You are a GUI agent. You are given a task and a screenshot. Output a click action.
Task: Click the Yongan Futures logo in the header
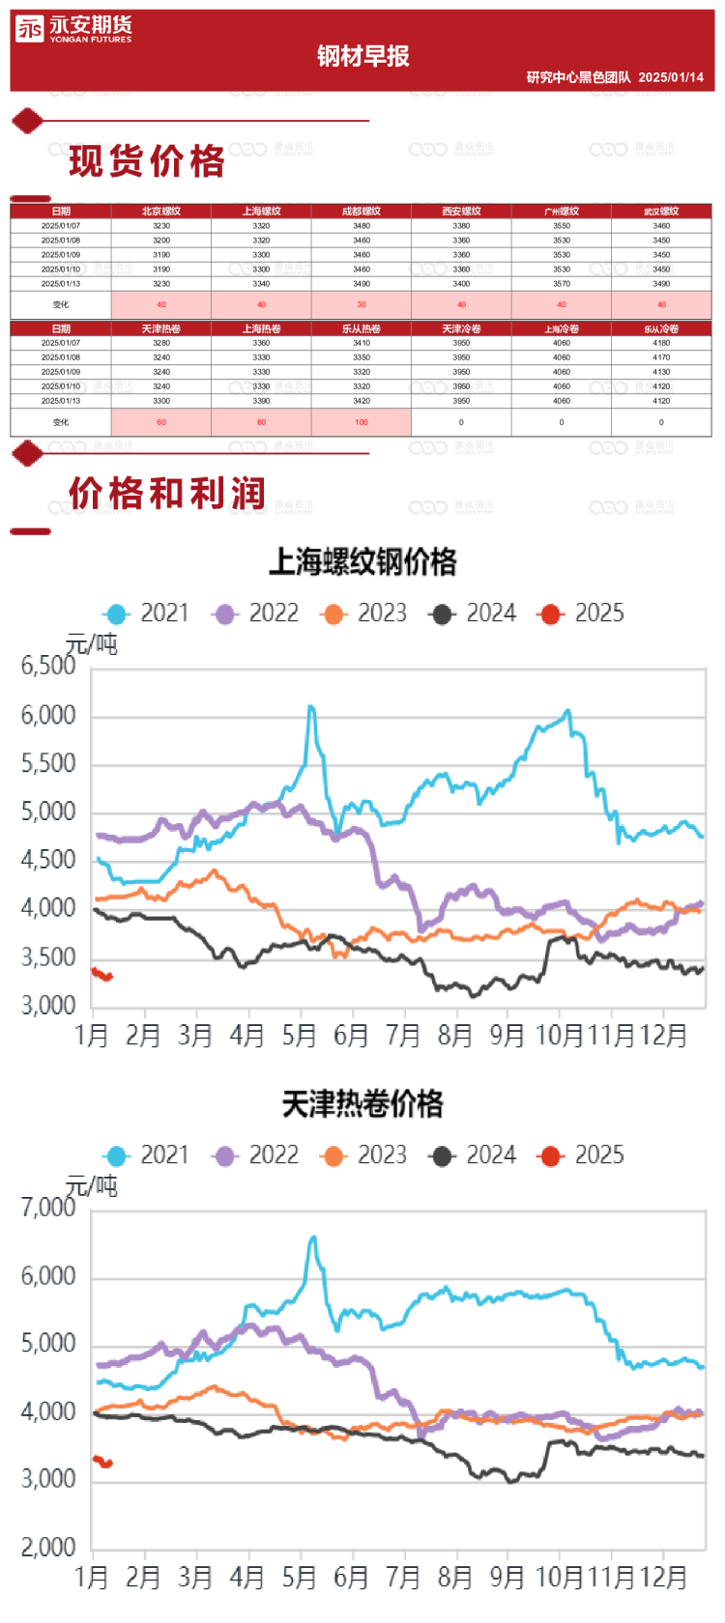tap(73, 30)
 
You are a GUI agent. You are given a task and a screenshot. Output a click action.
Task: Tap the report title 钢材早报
tap(362, 56)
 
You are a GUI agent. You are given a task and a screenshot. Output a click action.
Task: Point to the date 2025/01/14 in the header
tap(671, 77)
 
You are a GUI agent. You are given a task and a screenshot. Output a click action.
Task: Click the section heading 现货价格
tap(147, 161)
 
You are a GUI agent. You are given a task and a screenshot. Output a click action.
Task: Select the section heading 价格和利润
tap(166, 493)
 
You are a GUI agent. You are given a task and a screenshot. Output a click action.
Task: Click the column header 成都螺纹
tap(362, 211)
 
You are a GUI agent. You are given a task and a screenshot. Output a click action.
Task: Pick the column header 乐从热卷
tap(362, 328)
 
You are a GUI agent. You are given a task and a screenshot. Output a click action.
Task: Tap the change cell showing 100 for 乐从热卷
tap(362, 422)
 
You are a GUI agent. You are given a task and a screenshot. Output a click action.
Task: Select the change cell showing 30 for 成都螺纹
tap(362, 304)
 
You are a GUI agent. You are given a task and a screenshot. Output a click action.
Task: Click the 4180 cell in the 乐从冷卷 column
tap(661, 343)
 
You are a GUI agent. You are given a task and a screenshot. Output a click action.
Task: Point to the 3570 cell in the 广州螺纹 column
tap(562, 284)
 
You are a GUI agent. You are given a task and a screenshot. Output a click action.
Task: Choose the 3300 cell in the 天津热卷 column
tap(161, 401)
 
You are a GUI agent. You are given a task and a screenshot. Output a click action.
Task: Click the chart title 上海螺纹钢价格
tap(362, 562)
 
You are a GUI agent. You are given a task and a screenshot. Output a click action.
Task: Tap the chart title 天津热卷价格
tap(362, 1104)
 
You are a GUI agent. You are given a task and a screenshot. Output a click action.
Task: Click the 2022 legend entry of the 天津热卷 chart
tap(257, 1155)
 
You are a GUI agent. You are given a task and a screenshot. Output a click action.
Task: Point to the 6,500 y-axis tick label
tap(48, 666)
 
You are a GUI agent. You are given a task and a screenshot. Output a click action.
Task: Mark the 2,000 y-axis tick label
tap(48, 1548)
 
